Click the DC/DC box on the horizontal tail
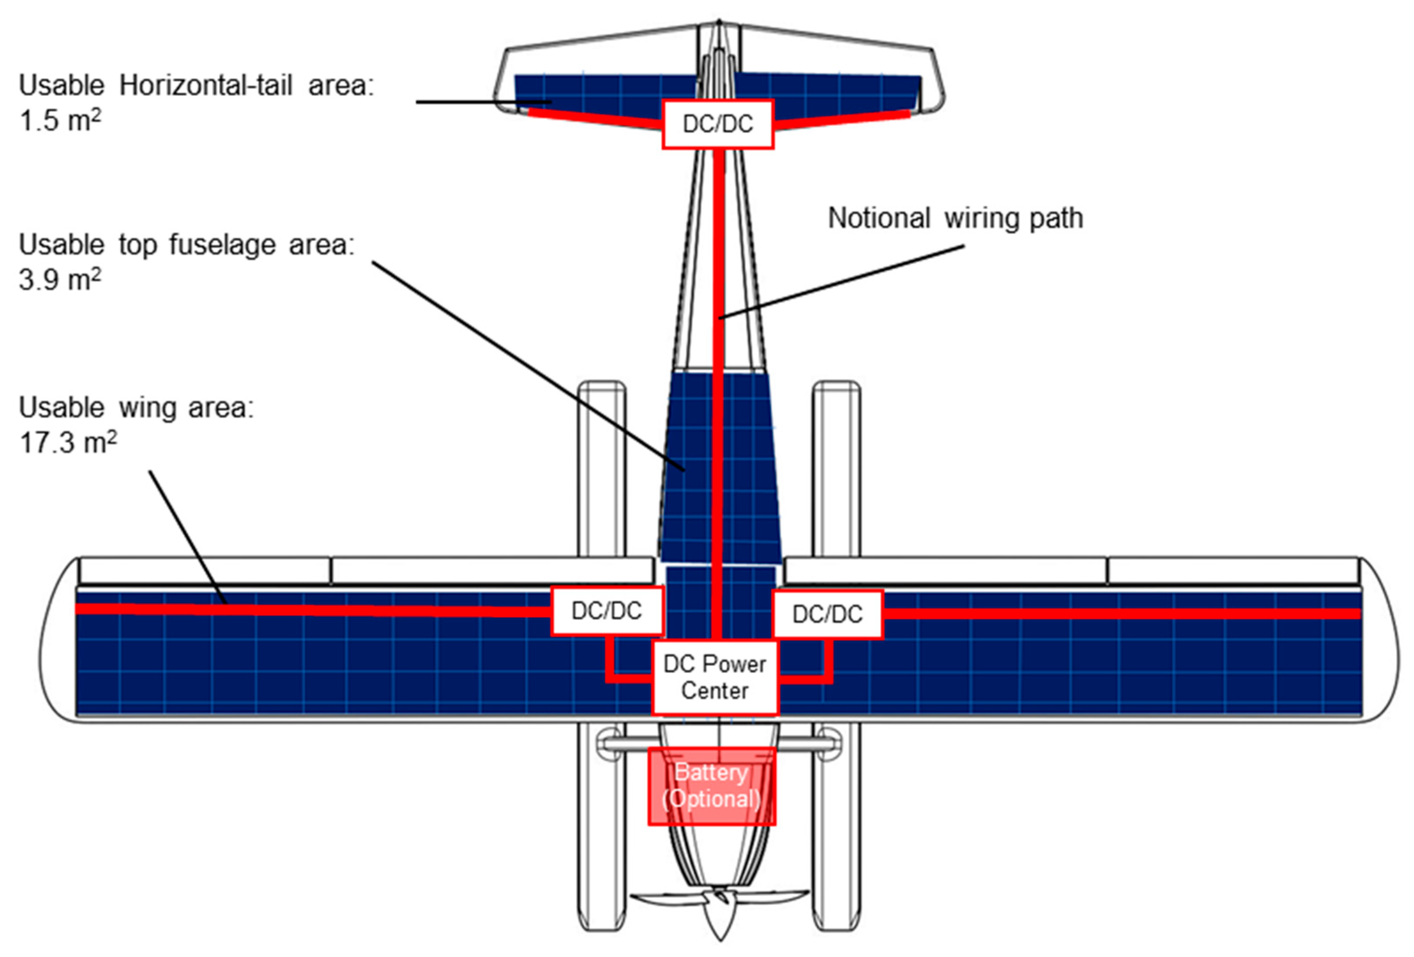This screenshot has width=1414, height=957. pos(717,124)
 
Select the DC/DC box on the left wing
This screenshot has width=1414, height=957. pos(607,610)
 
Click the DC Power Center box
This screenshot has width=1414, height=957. pos(714,677)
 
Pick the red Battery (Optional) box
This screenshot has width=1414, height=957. pos(711,786)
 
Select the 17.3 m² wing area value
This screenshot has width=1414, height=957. pos(68,442)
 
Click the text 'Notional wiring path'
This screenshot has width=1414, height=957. pos(955,218)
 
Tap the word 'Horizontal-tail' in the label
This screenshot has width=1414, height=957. pos(206,85)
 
